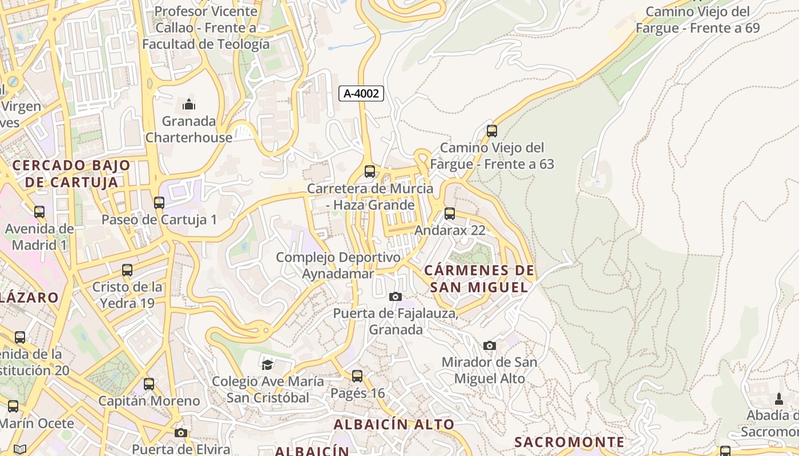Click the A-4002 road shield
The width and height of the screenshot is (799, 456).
(x=361, y=93)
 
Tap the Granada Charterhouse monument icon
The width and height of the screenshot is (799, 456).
(x=189, y=104)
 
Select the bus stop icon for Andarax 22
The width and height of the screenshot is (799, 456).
(x=450, y=214)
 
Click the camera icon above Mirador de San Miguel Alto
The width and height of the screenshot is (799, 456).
(x=490, y=345)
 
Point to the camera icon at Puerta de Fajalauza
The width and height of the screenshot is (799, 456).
(x=395, y=296)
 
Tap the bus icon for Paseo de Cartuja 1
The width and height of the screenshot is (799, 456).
(x=159, y=202)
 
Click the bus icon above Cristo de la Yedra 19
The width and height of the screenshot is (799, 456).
(x=127, y=270)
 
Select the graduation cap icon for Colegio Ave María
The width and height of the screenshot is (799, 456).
(x=267, y=364)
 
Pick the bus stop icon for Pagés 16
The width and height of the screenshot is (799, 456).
(x=357, y=376)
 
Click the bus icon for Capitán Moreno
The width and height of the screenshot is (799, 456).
(x=149, y=384)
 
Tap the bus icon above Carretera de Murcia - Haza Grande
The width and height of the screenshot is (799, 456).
(x=370, y=171)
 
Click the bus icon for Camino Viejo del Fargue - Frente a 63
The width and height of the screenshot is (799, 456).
(x=491, y=131)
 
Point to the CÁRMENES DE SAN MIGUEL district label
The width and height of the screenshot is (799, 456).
(x=479, y=279)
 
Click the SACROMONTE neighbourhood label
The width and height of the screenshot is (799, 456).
(x=569, y=442)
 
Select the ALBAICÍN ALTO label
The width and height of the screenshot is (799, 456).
(x=394, y=425)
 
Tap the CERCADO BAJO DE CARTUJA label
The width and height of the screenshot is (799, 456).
(x=71, y=174)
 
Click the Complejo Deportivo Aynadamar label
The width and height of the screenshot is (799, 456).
(x=338, y=266)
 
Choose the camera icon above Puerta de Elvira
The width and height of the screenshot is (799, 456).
(x=181, y=433)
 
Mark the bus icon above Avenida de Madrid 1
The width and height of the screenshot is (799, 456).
(x=39, y=212)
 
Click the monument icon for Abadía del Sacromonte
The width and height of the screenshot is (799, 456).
(x=779, y=399)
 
